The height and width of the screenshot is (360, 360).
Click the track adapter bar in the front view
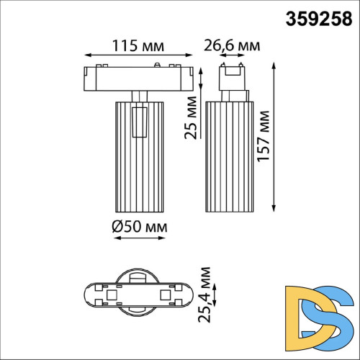point(138,78)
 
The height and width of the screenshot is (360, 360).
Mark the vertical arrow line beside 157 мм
point(275,136)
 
